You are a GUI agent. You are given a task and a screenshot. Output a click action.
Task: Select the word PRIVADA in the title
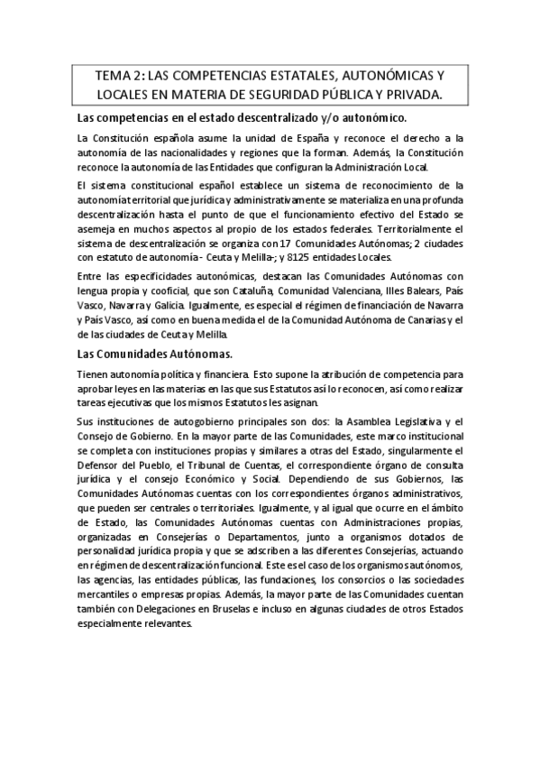click(410, 95)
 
